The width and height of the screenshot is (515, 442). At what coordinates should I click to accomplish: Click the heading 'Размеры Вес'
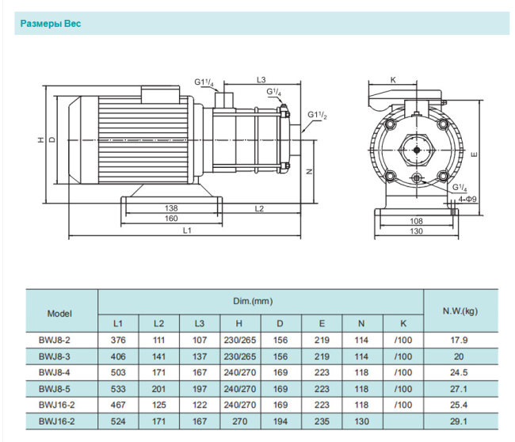pos(51,24)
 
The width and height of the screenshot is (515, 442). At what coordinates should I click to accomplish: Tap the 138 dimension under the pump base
pos(170,208)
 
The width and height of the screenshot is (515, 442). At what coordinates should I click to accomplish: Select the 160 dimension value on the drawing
pos(170,219)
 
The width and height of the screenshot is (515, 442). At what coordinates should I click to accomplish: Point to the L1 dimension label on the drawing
pos(187,231)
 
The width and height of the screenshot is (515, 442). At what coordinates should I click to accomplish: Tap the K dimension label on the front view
pos(394,79)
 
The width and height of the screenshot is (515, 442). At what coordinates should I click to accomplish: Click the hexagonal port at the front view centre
pos(417,148)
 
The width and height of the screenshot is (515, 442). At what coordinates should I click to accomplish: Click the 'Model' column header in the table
pos(60,313)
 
